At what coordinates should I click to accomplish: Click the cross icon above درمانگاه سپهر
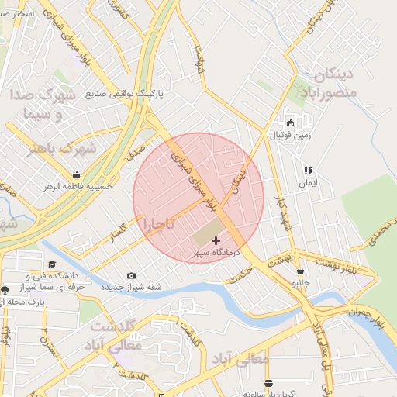pyautogui.click(x=216, y=241)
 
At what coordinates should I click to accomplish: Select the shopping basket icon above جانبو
pyautogui.click(x=300, y=271)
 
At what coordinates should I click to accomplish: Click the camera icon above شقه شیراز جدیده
pyautogui.click(x=131, y=275)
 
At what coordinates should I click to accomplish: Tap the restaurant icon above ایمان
pyautogui.click(x=308, y=171)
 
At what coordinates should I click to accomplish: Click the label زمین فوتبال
pyautogui.click(x=290, y=135)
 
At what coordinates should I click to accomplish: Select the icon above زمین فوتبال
pyautogui.click(x=290, y=123)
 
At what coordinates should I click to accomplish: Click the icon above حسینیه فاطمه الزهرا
pyautogui.click(x=77, y=174)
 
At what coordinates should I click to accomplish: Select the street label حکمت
pyautogui.click(x=242, y=274)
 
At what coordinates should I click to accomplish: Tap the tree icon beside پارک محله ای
pyautogui.click(x=5, y=289)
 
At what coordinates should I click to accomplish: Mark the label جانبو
pyautogui.click(x=300, y=283)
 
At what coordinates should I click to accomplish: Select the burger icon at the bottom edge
pyautogui.click(x=268, y=383)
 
